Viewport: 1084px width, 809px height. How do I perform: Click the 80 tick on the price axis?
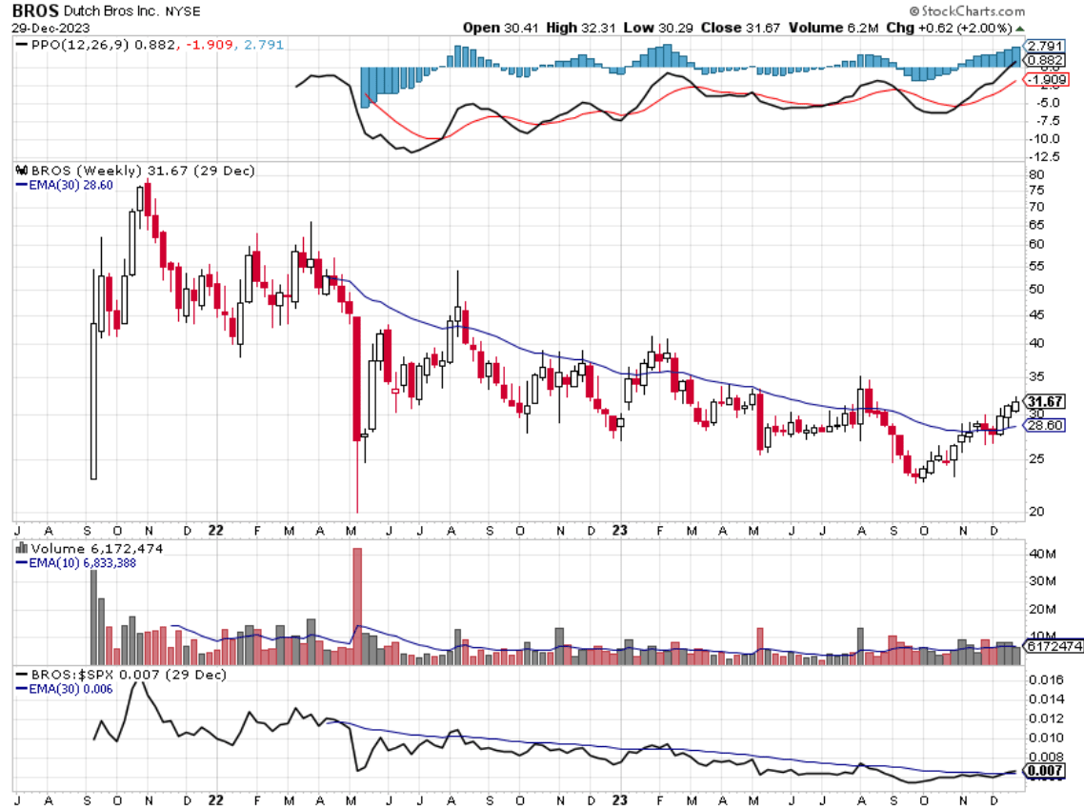[1035, 174]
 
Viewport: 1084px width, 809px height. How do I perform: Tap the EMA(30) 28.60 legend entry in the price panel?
[66, 184]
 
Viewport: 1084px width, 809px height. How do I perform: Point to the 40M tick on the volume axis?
[1040, 554]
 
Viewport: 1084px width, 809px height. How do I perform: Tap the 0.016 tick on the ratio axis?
[1042, 680]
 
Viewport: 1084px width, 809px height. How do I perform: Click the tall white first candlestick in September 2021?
[93, 400]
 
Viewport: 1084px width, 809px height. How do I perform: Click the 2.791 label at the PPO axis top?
[1043, 45]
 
